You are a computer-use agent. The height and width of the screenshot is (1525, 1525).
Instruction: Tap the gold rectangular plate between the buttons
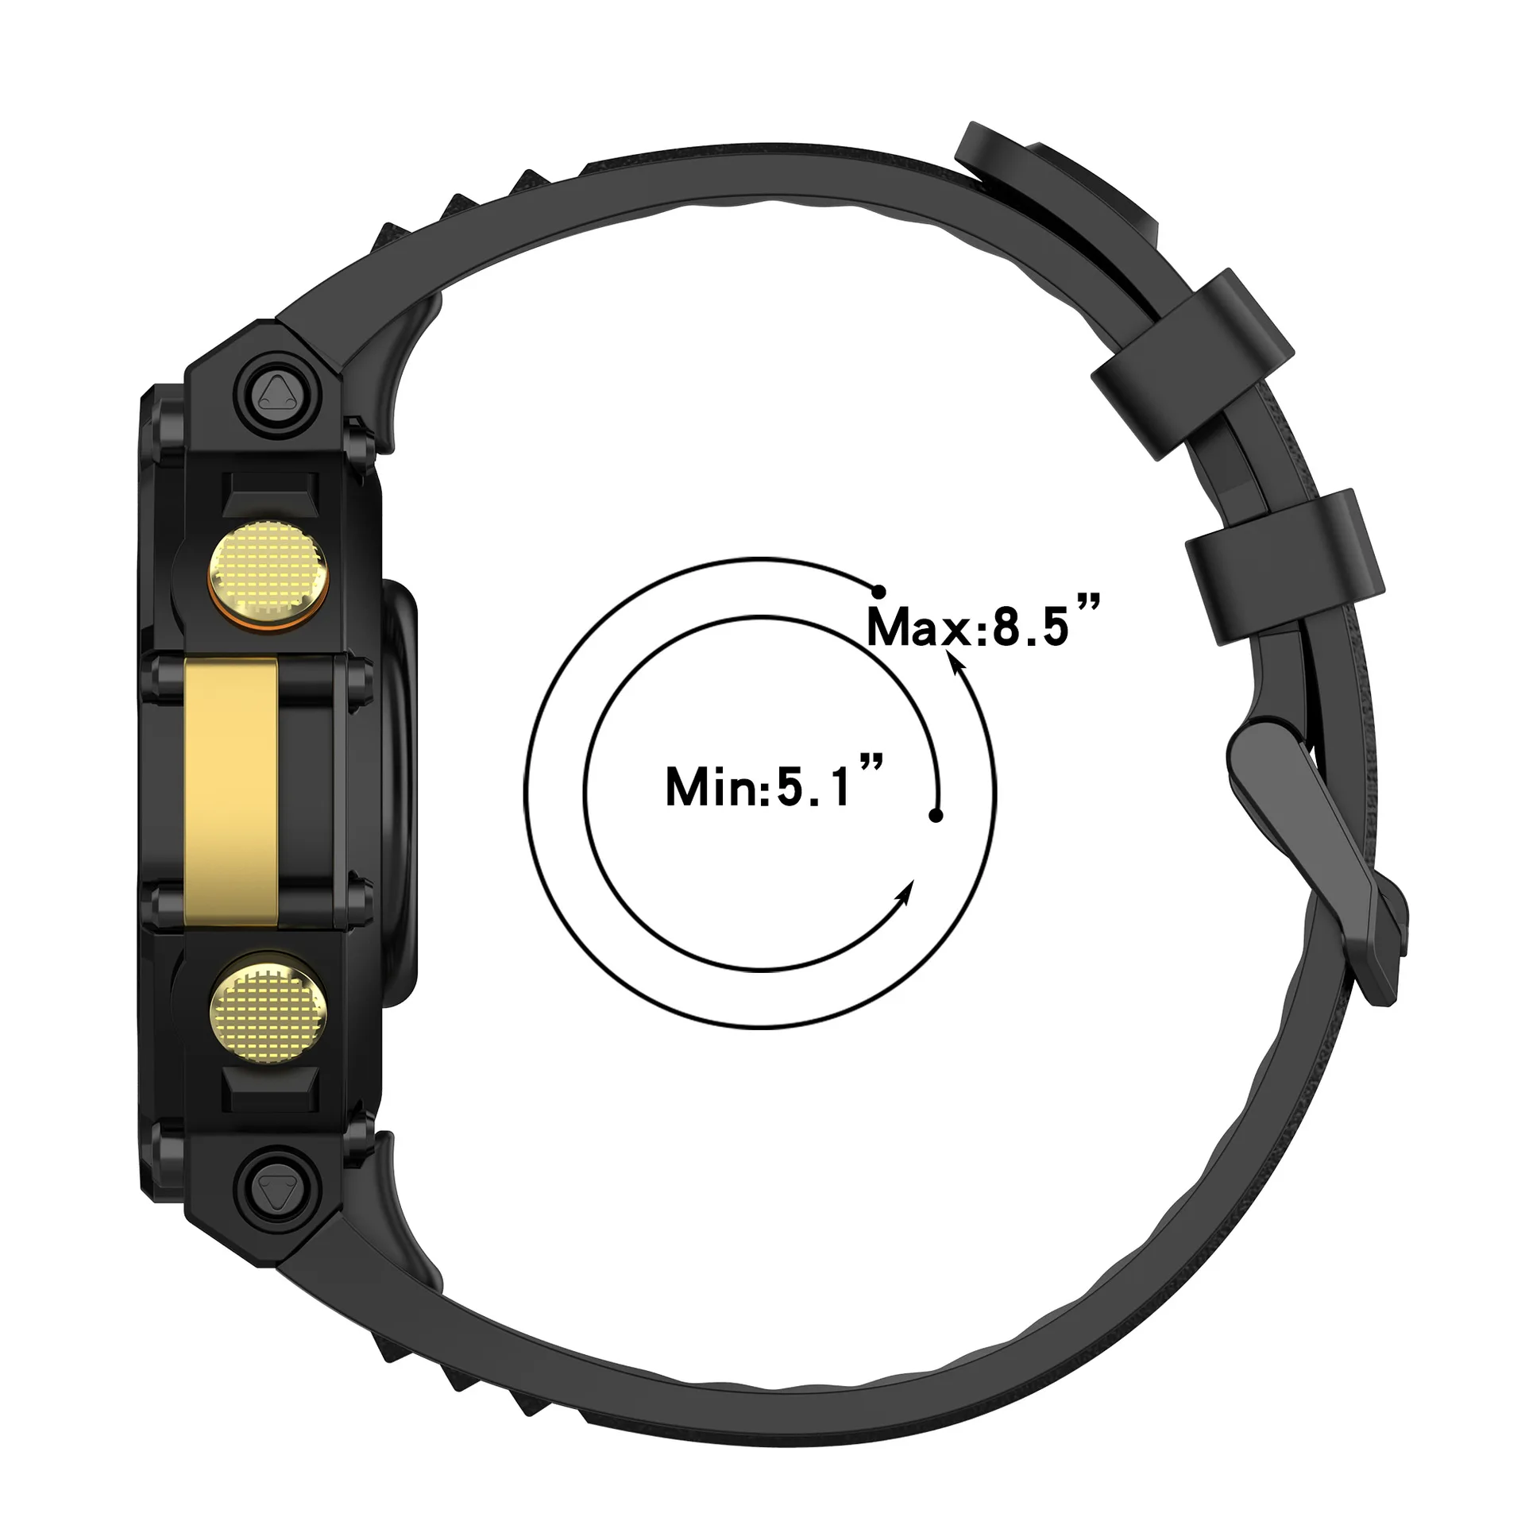(231, 790)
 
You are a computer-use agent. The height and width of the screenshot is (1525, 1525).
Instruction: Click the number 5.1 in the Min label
(814, 786)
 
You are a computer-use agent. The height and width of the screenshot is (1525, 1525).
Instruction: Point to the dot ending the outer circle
(878, 592)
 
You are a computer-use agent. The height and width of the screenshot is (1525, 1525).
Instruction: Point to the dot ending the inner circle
(936, 816)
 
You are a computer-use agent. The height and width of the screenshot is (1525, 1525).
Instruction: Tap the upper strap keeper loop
(1191, 365)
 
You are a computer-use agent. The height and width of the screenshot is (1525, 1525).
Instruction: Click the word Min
(712, 786)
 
